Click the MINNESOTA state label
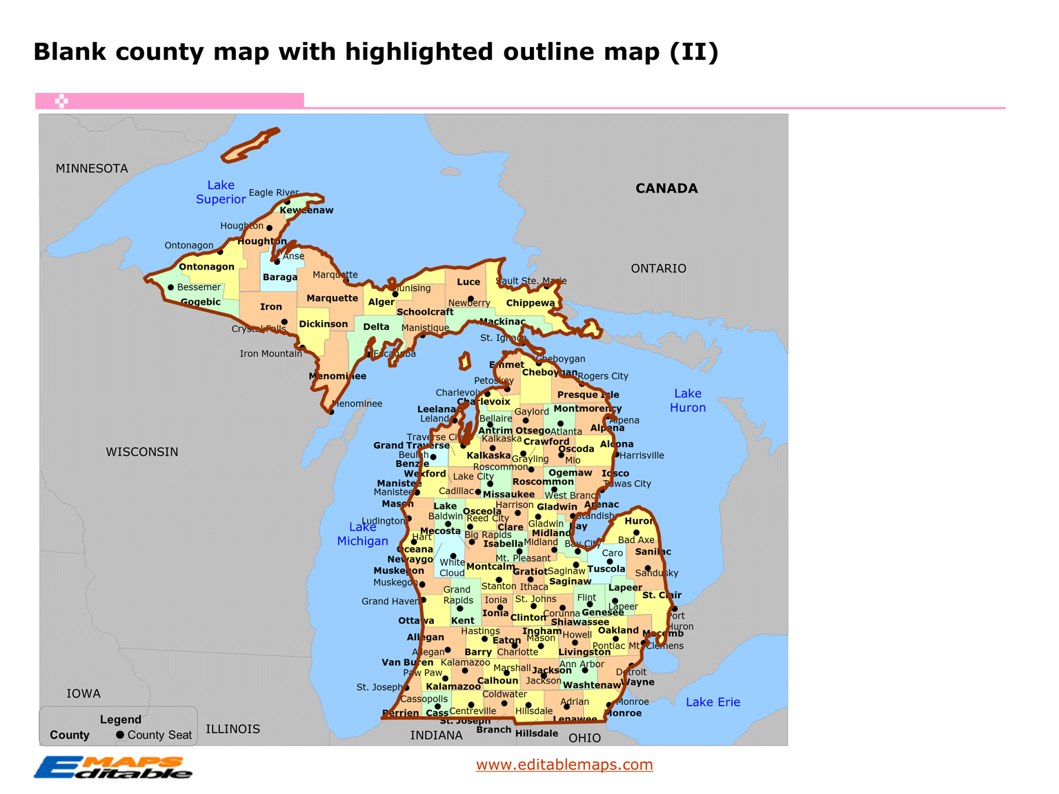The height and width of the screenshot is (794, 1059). [x=92, y=168]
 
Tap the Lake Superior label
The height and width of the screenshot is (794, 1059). [x=221, y=192]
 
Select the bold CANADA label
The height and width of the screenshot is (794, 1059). [x=666, y=188]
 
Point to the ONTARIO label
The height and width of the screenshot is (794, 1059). [x=658, y=268]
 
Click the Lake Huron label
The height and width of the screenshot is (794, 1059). [x=687, y=401]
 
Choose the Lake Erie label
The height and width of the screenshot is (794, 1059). [x=713, y=702]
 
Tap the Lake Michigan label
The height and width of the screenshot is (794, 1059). [x=362, y=534]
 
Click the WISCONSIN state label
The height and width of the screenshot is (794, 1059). [x=142, y=452]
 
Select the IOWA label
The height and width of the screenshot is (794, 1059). [x=83, y=694]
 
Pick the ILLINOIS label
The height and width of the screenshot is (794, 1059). [x=232, y=729]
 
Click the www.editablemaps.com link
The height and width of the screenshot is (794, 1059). [x=564, y=764]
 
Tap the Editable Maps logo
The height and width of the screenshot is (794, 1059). [x=114, y=767]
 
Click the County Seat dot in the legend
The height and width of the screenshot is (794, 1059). [x=120, y=735]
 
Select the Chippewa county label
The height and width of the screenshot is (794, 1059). [x=530, y=303]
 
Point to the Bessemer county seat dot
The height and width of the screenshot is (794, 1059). [x=170, y=288]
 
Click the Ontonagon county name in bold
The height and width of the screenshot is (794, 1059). [x=206, y=267]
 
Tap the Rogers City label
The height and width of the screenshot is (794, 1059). [x=603, y=376]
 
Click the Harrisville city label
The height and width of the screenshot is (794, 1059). [x=642, y=455]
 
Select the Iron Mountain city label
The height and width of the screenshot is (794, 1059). [x=270, y=354]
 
